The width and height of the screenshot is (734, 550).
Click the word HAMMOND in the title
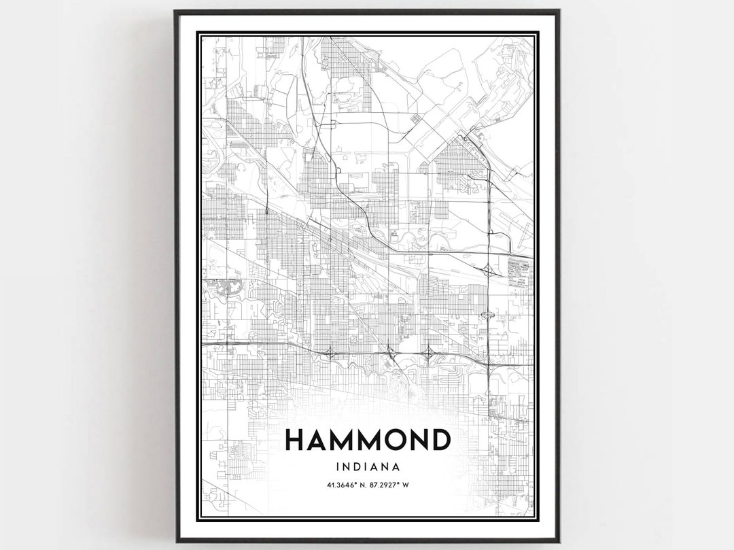click(367, 441)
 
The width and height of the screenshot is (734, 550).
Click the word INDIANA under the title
click(367, 467)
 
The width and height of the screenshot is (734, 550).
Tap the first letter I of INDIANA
click(337, 467)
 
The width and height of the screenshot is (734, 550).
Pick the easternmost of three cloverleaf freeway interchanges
click(430, 351)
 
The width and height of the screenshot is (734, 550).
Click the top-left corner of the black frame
click(175, 11)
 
